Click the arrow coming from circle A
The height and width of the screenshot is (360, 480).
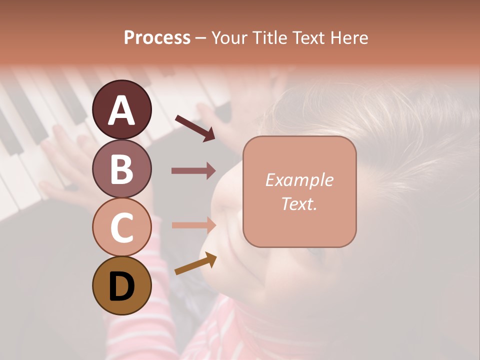point(195,127)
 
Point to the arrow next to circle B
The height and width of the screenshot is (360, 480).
point(193,171)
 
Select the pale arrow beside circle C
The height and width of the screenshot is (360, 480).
point(193,225)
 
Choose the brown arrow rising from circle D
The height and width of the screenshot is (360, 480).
point(195,264)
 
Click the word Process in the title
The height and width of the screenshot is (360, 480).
point(157,38)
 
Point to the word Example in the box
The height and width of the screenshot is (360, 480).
point(299,180)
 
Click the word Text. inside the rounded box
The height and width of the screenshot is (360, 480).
point(299,204)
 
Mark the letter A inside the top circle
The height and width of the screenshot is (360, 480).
point(121,111)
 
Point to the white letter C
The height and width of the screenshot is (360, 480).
point(121,227)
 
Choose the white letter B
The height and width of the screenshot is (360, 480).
point(121,169)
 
